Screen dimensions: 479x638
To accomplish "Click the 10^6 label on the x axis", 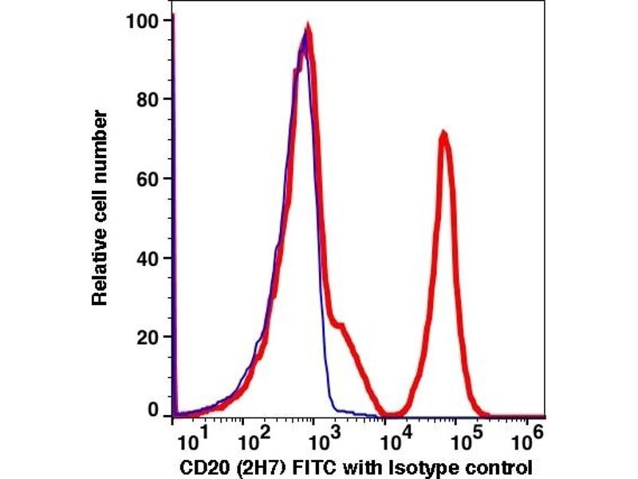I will [530, 437].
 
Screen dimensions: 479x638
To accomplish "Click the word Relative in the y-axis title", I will [100, 271].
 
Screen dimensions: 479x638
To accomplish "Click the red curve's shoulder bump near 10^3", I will [341, 325].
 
